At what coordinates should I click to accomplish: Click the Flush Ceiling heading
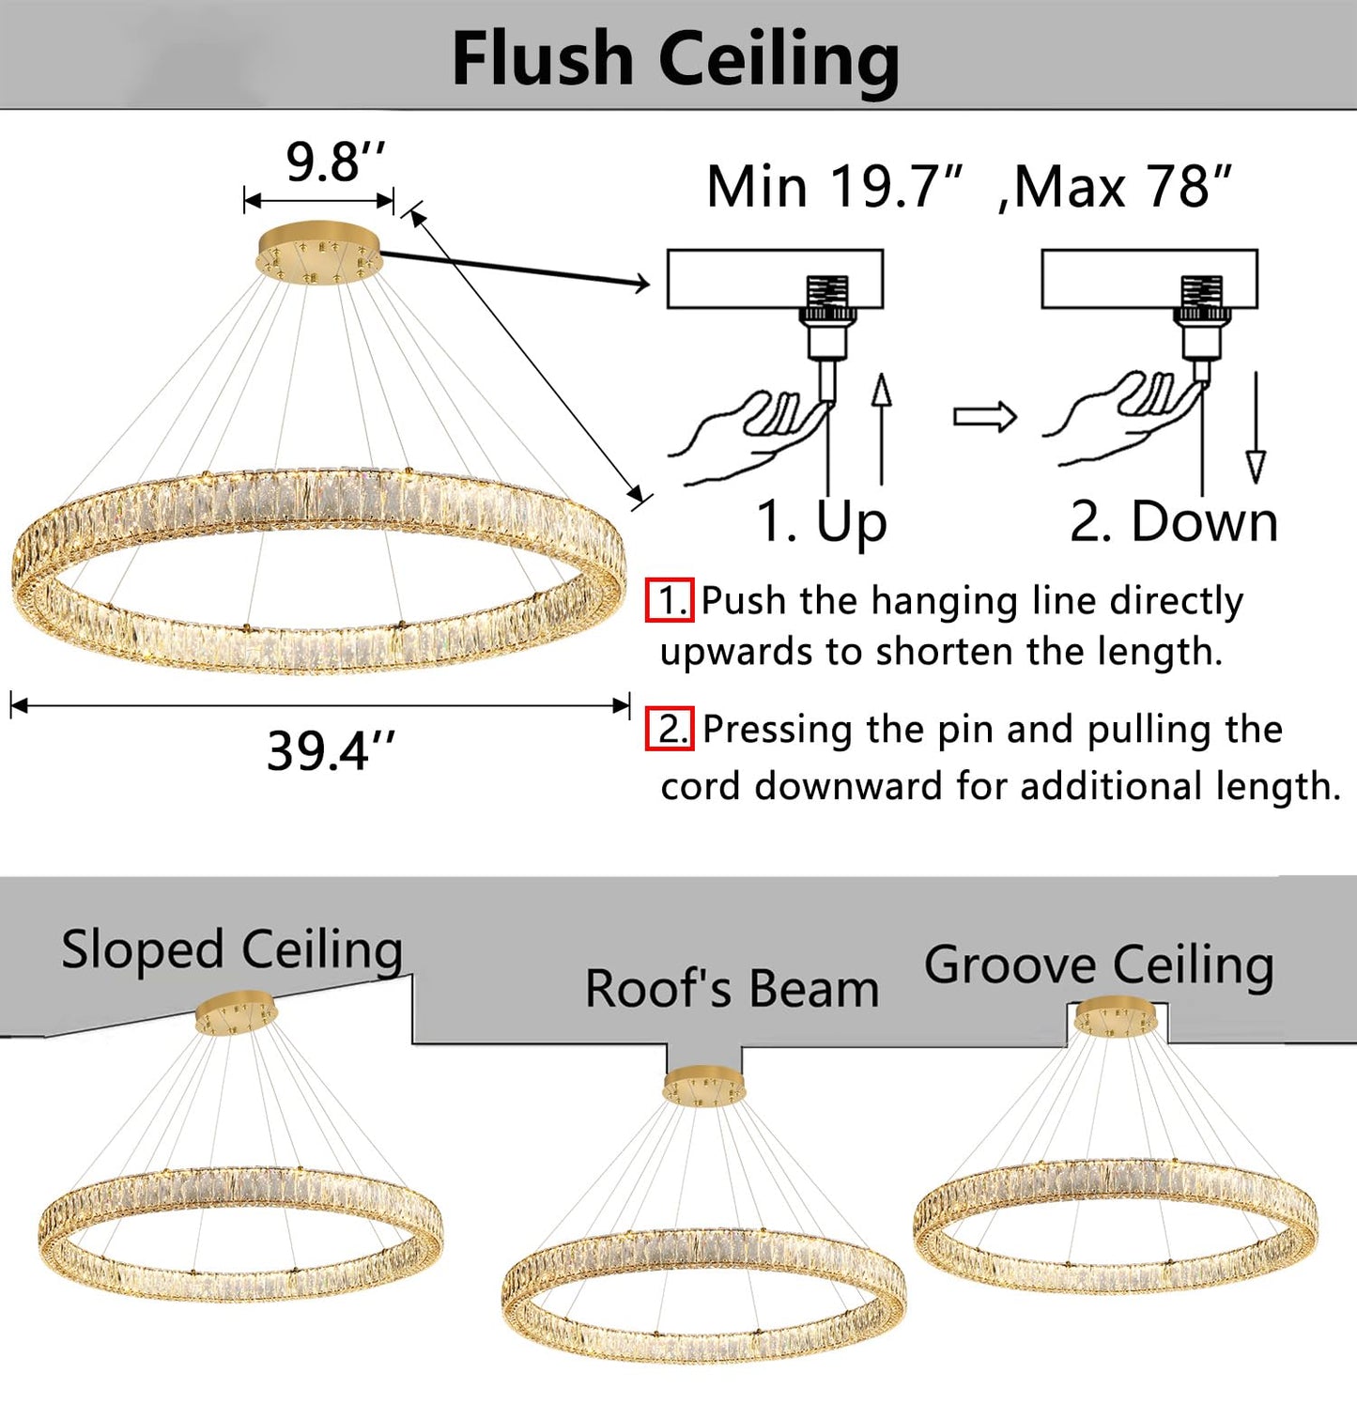click(675, 58)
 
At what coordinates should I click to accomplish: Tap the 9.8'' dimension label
click(336, 162)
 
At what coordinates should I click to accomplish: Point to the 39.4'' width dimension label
click(331, 751)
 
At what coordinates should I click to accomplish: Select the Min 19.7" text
click(835, 186)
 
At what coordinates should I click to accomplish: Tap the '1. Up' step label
click(822, 521)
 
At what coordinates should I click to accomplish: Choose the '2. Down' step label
click(1174, 521)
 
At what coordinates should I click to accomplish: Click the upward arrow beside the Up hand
click(881, 427)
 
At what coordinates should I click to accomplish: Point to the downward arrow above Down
click(1256, 427)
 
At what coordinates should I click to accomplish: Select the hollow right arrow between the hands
click(984, 416)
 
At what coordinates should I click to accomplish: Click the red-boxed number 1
click(670, 600)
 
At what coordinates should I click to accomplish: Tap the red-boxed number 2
click(670, 729)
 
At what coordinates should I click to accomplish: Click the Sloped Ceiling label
click(232, 949)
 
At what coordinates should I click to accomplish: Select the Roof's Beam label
click(732, 989)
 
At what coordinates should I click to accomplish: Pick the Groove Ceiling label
click(1099, 964)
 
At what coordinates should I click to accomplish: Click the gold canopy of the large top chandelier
click(319, 249)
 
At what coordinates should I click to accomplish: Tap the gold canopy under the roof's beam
click(704, 1086)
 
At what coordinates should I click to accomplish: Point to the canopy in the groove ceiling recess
click(1116, 1016)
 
